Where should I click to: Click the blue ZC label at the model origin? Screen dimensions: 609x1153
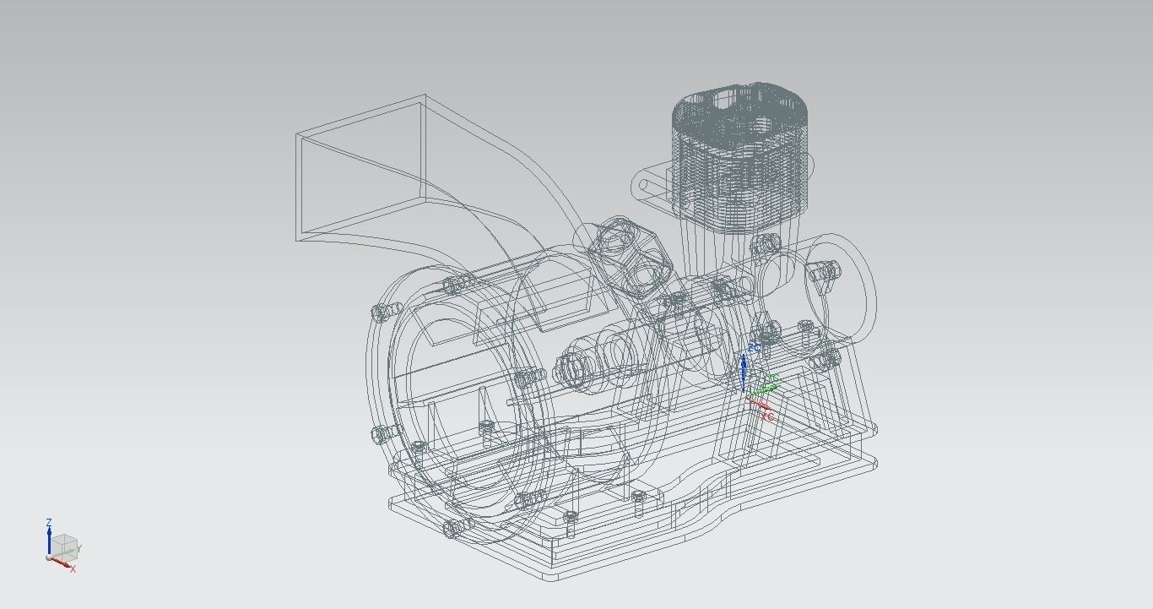point(754,347)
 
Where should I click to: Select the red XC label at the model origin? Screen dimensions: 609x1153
point(766,416)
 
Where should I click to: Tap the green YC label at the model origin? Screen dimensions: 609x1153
point(771,379)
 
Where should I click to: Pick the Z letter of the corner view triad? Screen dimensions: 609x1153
point(49,523)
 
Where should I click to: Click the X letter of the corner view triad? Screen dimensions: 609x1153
point(73,569)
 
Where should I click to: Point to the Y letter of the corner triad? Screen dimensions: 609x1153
point(79,549)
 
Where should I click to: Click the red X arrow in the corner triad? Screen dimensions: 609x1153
point(61,562)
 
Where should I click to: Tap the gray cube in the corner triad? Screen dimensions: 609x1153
point(66,545)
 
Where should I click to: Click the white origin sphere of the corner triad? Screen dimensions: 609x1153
point(50,557)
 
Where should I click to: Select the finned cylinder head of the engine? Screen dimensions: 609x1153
point(741,152)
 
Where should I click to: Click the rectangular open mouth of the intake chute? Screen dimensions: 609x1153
point(360,169)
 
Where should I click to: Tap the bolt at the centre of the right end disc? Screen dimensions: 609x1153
point(823,272)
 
